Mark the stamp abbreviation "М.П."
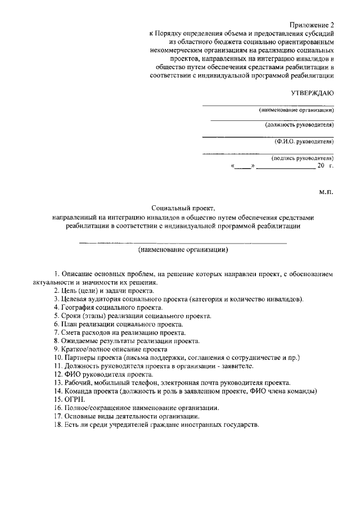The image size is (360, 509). click(x=326, y=192)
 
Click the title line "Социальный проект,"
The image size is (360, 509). click(x=183, y=208)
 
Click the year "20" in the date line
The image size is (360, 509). click(x=321, y=166)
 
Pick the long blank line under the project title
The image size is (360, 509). click(x=183, y=242)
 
